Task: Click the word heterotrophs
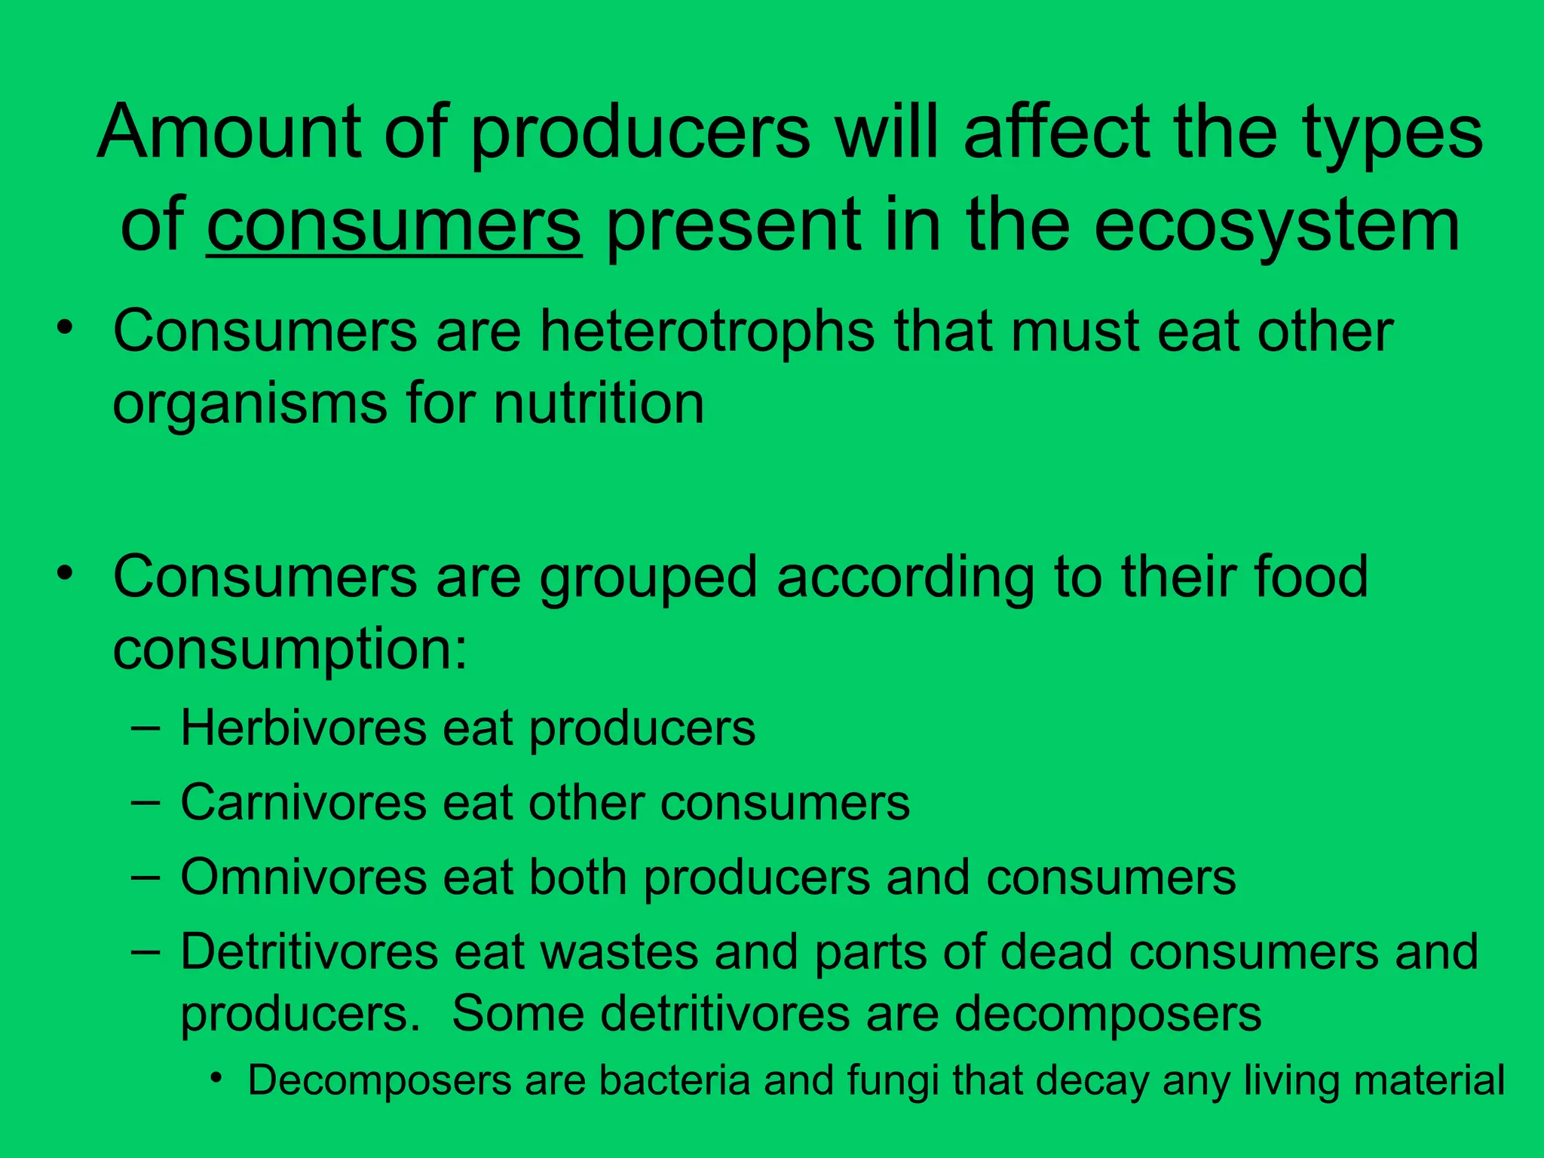706,332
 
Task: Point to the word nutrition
599,403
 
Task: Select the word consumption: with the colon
290,650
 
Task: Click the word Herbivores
304,728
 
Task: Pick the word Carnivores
304,802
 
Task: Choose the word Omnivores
304,878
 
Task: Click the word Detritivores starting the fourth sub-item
309,952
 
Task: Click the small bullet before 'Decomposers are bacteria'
217,1079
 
